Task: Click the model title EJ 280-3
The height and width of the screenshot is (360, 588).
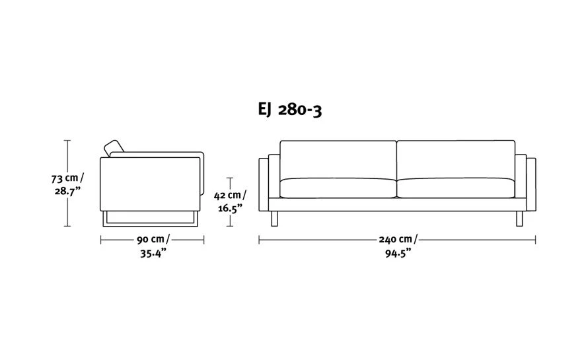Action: tap(290, 110)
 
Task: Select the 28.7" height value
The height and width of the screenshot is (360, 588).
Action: tap(67, 191)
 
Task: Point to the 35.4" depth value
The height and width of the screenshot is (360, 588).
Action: tap(153, 254)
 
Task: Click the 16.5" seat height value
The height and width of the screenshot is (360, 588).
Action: tap(230, 208)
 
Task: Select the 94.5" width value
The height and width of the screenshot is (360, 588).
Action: tap(398, 254)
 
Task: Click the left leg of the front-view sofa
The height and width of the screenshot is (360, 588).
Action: tap(274, 219)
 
